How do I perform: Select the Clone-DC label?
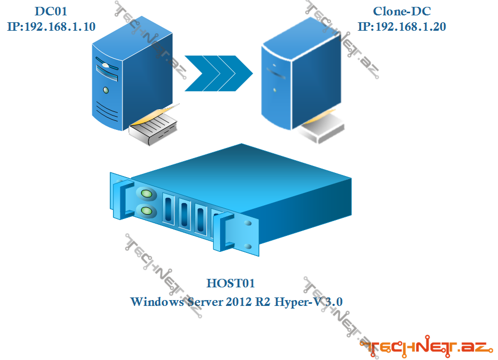pyautogui.click(x=401, y=11)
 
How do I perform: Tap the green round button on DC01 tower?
pyautogui.click(x=106, y=90)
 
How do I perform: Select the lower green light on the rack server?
pyautogui.click(x=147, y=212)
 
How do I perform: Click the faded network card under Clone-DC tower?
pyautogui.click(x=324, y=127)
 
